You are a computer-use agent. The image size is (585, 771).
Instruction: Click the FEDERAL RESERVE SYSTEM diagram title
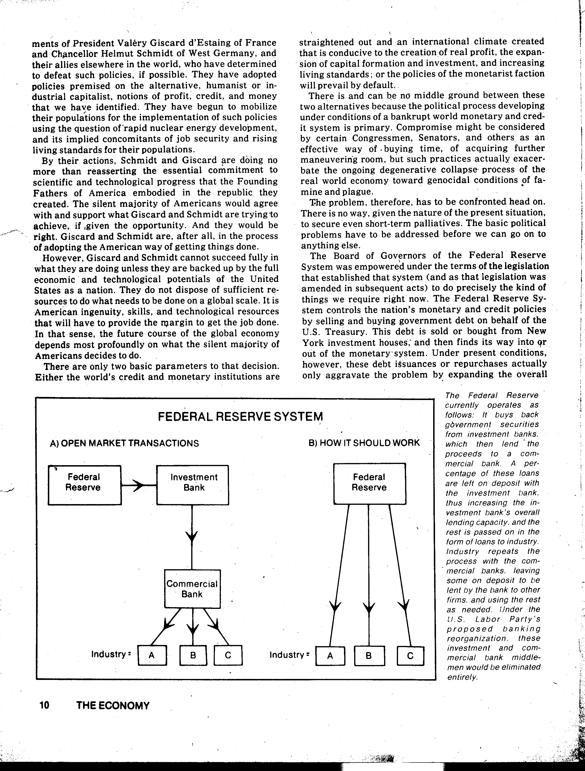pos(240,417)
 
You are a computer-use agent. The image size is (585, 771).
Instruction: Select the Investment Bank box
pos(193,485)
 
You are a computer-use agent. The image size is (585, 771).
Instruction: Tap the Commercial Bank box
pos(192,589)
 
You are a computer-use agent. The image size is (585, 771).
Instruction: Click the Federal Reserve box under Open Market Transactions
pos(84,485)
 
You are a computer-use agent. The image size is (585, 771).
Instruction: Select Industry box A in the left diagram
pos(152,656)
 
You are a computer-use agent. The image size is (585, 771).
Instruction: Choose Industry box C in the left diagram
pos(228,656)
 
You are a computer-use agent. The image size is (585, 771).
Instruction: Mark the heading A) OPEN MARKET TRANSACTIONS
pos(124,443)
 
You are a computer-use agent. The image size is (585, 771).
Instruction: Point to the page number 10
pos(44,705)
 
